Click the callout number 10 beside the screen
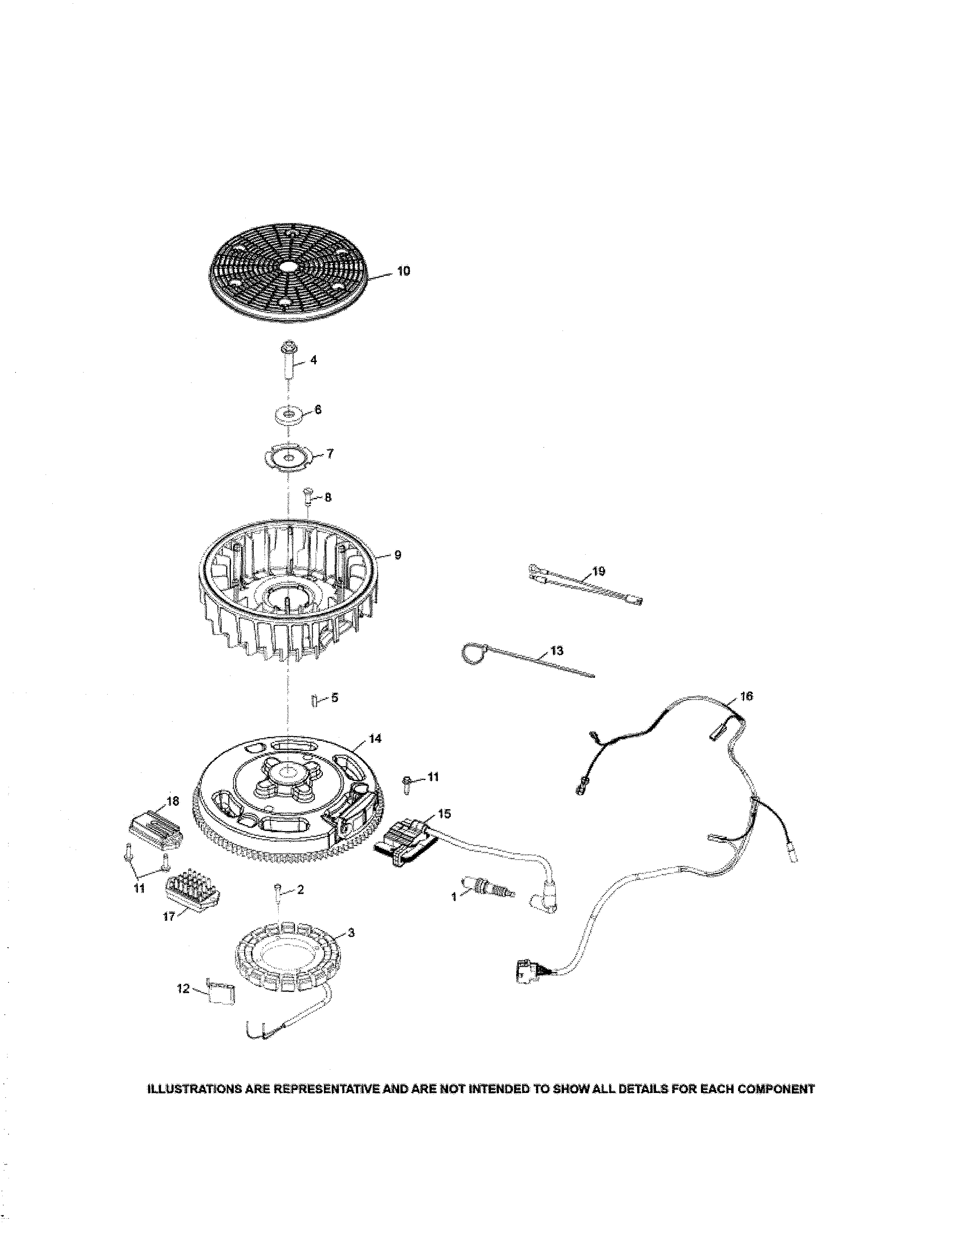click(x=403, y=271)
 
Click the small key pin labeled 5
click(x=313, y=699)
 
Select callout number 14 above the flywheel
click(x=375, y=738)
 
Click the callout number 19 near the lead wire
click(x=599, y=571)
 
